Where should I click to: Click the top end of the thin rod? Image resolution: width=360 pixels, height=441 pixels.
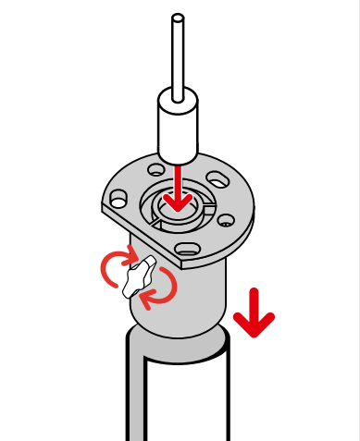(178, 18)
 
